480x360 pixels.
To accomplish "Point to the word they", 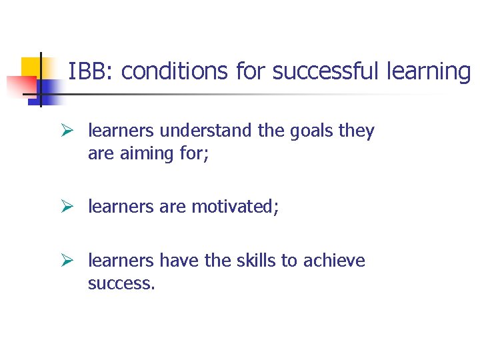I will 357,131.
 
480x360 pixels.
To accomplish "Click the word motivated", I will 236,207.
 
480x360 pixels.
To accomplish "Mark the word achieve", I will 335,261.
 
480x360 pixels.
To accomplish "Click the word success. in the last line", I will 121,283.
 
